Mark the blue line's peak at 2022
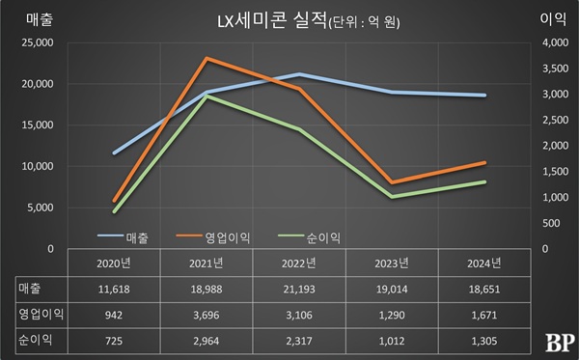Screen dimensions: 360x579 [x=299, y=74]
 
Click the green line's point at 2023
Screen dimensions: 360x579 [x=391, y=197]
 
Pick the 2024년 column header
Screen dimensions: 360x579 [x=483, y=263]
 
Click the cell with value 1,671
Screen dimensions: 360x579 [x=483, y=314]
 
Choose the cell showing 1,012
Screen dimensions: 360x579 [x=391, y=340]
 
